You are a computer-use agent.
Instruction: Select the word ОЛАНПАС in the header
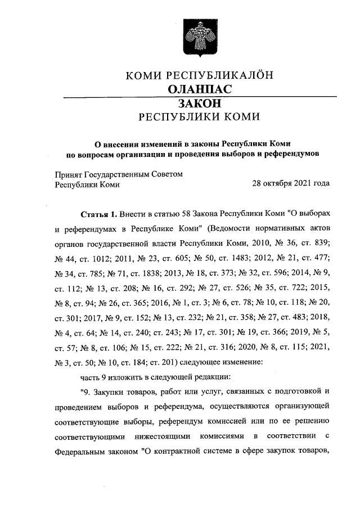pyautogui.click(x=200, y=89)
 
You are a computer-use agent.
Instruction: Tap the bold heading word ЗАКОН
pyautogui.click(x=199, y=104)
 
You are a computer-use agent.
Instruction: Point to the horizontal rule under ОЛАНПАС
pyautogui.click(x=200, y=97)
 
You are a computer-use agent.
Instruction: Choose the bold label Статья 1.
pyautogui.click(x=98, y=215)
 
